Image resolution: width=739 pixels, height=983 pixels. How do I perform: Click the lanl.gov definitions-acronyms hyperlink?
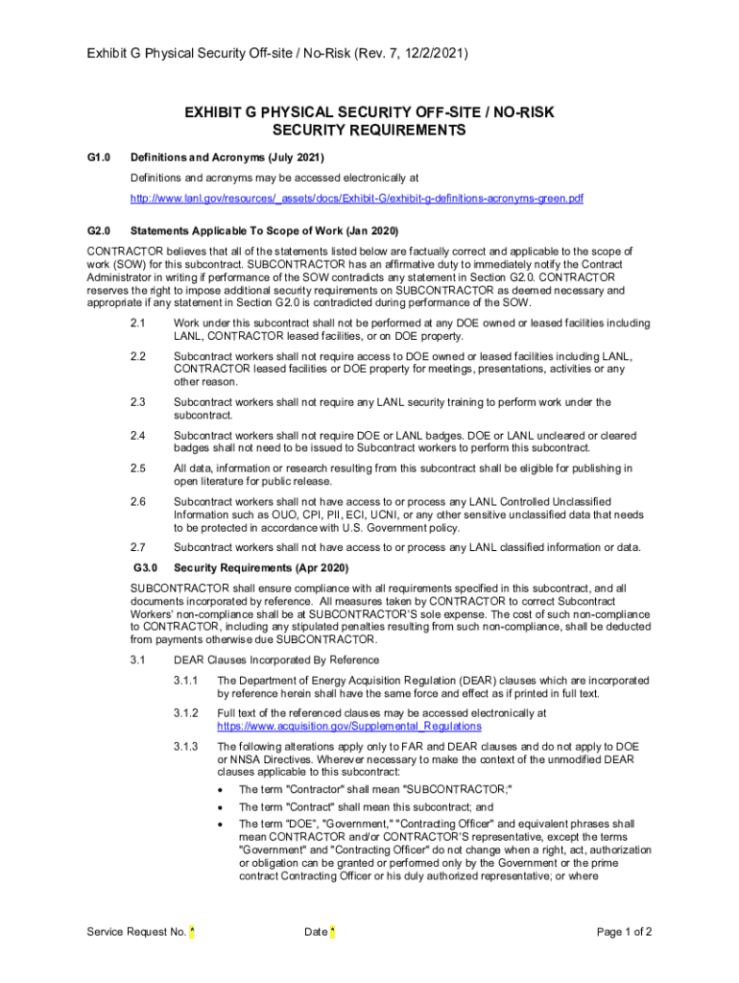(357, 199)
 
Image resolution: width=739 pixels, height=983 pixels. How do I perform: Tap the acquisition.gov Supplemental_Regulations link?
(343, 727)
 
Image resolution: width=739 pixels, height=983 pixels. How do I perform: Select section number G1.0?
(100, 157)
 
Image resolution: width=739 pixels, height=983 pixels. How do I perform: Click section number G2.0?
(100, 231)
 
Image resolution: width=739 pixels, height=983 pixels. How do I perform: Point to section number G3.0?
(145, 567)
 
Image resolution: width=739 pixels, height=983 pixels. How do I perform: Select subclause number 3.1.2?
(186, 713)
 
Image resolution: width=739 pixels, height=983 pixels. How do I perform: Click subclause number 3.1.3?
(186, 746)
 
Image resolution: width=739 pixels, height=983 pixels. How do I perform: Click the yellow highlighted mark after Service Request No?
(192, 932)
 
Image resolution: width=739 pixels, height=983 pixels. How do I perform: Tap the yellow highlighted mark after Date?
(332, 932)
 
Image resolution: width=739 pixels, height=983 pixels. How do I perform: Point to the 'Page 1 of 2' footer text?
(625, 932)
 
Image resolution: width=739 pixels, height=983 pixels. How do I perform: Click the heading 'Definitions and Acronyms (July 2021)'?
(227, 157)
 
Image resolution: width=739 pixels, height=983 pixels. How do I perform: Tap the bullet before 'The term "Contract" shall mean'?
(221, 807)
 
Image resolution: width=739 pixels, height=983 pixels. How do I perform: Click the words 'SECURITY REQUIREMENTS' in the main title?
(369, 131)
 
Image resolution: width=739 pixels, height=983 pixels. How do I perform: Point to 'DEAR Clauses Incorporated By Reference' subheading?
(276, 659)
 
